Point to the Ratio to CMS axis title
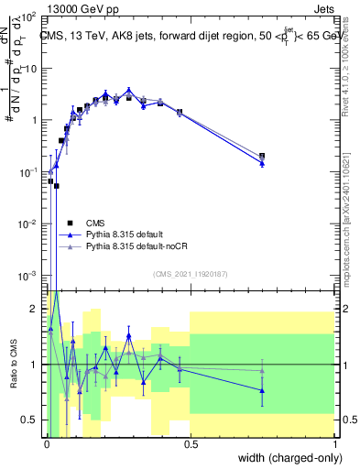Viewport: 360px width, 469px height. pyautogui.click(x=12, y=365)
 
